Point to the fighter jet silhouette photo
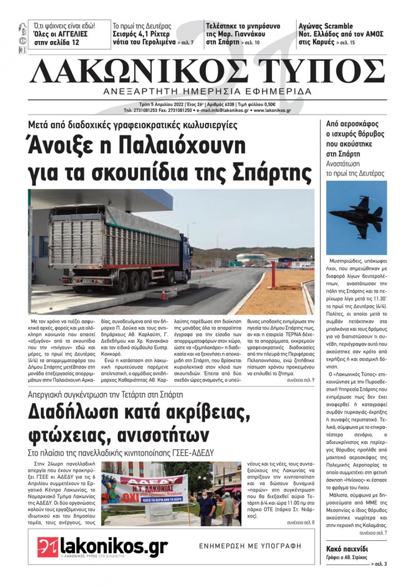356,217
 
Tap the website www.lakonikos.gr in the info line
272,111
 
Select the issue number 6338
228,105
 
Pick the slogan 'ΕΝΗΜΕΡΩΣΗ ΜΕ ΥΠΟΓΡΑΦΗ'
250,546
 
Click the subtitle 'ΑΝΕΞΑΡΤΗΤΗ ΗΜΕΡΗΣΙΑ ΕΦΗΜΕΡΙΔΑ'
207,91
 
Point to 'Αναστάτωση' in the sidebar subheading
343,164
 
